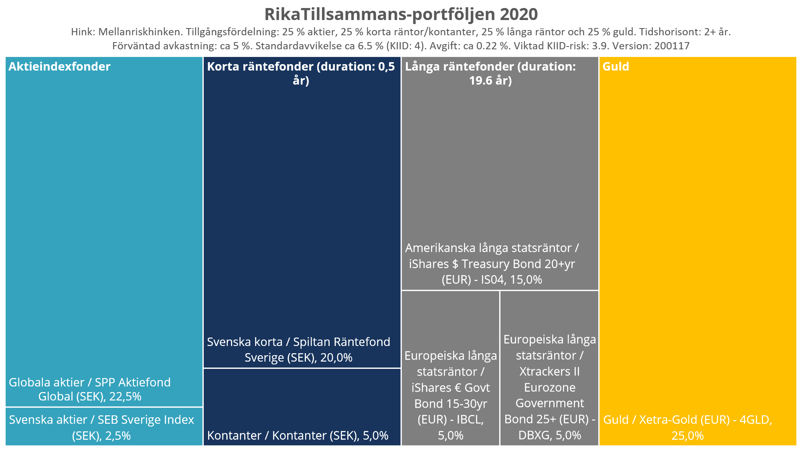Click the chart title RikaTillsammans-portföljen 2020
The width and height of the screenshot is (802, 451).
point(401,14)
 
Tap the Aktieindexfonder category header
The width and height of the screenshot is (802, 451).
point(59,67)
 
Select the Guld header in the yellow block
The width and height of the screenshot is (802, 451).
point(616,67)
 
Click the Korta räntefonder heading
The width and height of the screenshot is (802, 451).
point(301,73)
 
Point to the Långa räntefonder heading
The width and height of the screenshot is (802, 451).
point(490,73)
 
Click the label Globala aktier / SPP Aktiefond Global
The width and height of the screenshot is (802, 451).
point(89,389)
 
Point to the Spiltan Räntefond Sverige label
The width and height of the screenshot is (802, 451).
point(298,349)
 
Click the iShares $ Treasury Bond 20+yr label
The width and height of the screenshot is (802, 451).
point(492,264)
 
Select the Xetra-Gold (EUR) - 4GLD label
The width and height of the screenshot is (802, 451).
point(687,420)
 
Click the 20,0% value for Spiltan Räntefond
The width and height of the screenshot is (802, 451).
point(336,357)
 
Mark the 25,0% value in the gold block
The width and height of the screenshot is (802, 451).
point(687,435)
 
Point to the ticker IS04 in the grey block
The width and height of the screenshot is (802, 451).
point(492,279)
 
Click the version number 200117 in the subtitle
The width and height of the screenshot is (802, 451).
point(672,46)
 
